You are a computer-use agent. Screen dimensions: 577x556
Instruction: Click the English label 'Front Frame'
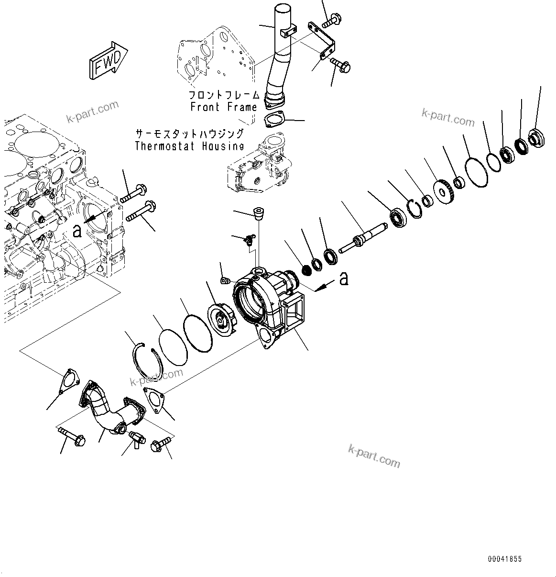224,107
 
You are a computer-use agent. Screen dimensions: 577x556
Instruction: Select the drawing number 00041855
505,559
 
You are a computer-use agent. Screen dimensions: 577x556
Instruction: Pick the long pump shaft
364,238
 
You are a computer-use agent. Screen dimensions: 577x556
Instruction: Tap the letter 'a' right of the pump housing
343,279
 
